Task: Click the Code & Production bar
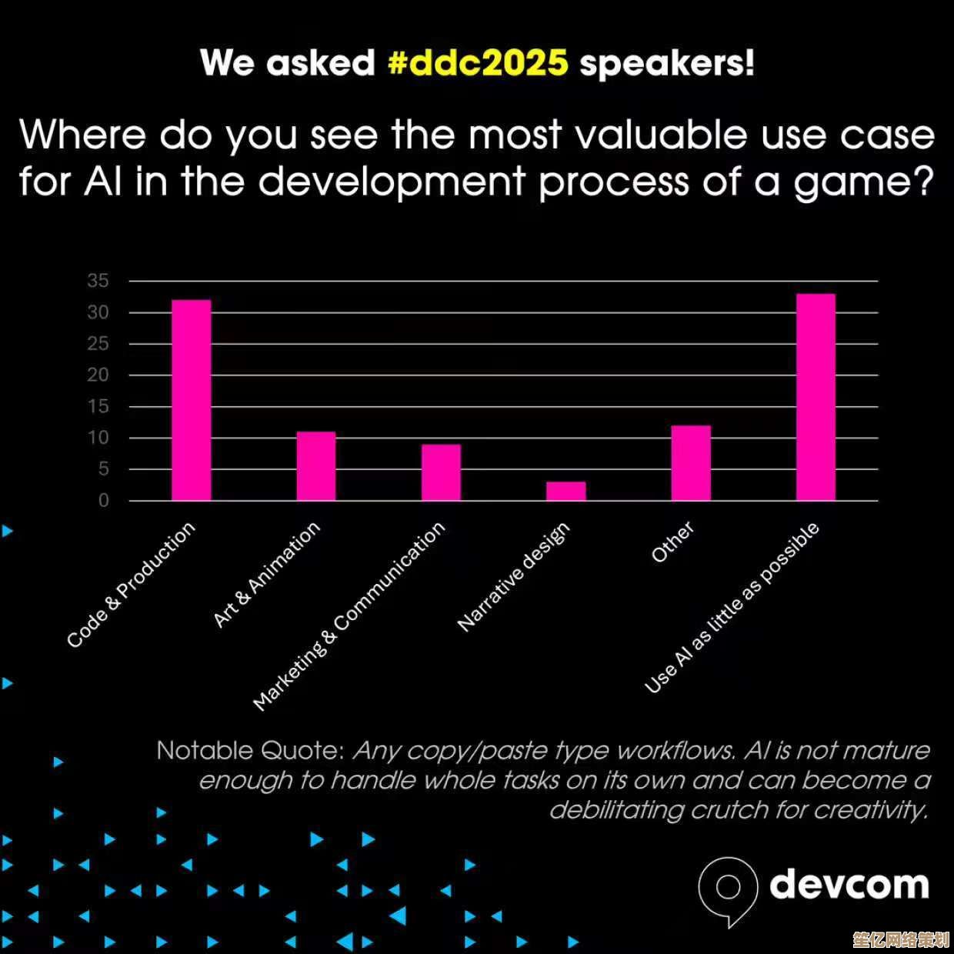(191, 400)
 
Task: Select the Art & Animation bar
(316, 466)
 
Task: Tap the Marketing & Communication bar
(441, 472)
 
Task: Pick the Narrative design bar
(566, 491)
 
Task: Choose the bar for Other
(691, 463)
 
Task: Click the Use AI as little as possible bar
(816, 397)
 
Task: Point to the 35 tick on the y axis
(98, 281)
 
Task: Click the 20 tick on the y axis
(98, 375)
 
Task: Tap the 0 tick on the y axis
(103, 501)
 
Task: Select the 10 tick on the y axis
(98, 438)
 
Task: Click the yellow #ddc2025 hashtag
(478, 63)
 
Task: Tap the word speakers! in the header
(666, 65)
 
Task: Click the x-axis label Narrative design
(514, 577)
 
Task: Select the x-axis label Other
(672, 542)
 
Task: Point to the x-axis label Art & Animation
(267, 575)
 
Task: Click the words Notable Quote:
(251, 751)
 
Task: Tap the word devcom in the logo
(849, 885)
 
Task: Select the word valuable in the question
(661, 134)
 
